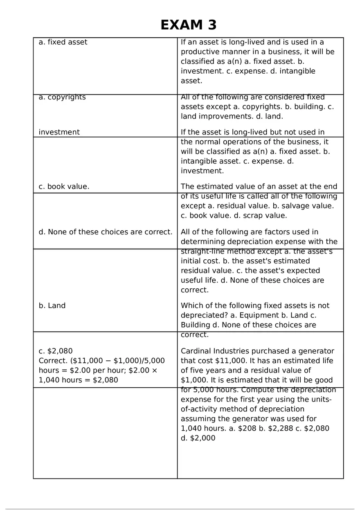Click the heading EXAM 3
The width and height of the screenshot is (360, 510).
click(x=188, y=25)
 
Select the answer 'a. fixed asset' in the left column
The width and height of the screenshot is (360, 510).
click(x=63, y=42)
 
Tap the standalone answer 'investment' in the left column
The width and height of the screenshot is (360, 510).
click(x=59, y=132)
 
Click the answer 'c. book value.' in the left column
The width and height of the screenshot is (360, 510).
click(x=64, y=186)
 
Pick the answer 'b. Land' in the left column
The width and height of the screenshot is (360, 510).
click(x=52, y=306)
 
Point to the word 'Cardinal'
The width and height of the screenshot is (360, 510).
click(x=195, y=351)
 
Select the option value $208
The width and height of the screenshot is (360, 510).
click(x=248, y=428)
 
